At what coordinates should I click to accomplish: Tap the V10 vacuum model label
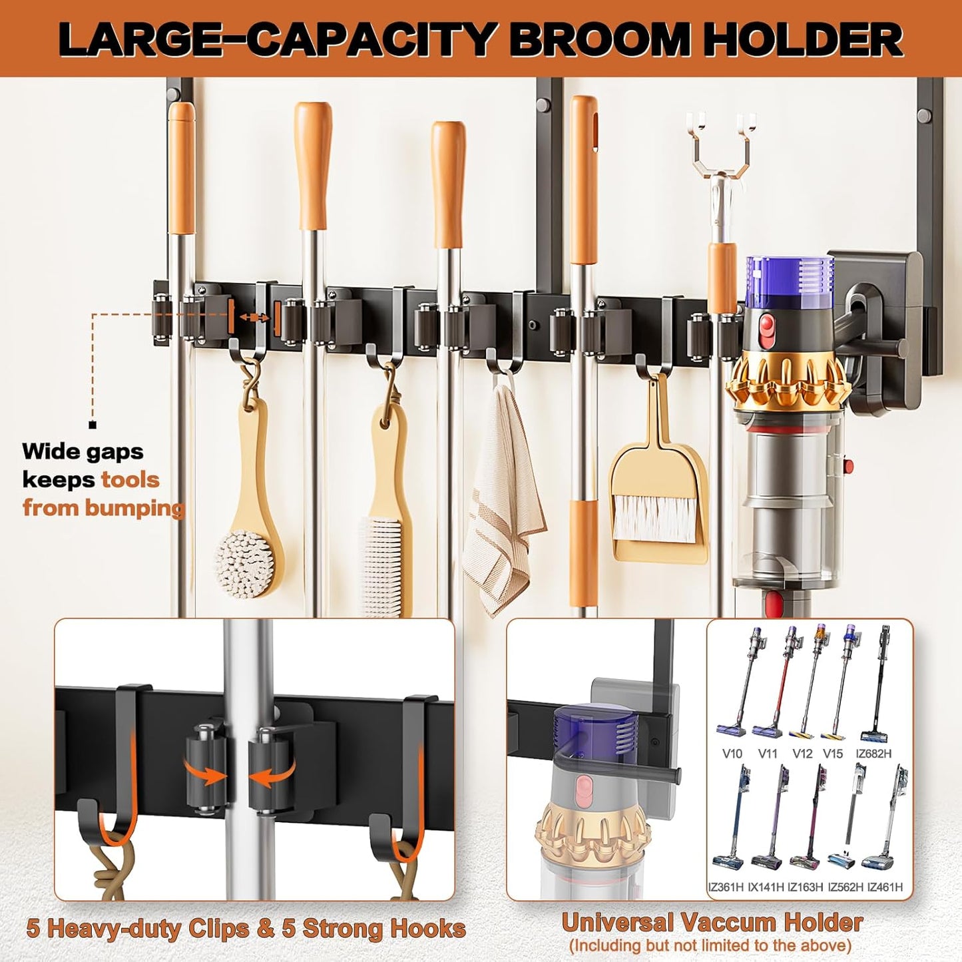732,754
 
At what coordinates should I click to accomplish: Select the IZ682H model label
873,754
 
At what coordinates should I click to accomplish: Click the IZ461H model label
885,887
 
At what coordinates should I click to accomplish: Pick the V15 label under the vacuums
833,754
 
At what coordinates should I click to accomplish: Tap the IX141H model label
766,887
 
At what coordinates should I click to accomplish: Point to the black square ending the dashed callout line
93,425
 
